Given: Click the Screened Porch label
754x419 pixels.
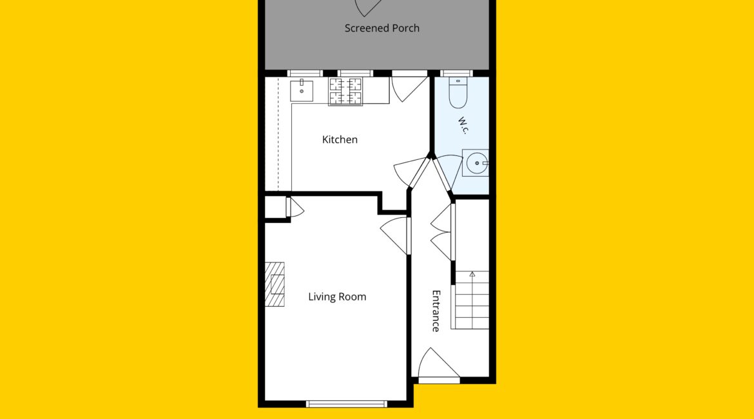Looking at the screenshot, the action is pos(382,28).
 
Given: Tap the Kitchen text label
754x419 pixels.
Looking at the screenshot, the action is pos(340,139).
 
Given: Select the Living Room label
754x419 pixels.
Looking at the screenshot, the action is pos(337,297).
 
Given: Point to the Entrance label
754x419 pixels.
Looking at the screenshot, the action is pos(436,311).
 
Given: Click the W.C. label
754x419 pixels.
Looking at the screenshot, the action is pos(463,125).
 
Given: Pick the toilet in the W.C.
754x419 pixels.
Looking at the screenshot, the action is pos(458,93).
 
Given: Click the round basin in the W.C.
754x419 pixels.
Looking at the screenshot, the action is pos(476,163).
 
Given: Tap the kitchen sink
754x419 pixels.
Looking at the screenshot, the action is pos(302,90).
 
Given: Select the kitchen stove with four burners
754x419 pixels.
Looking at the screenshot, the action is pos(345,92).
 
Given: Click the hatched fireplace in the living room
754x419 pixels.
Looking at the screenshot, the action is pos(275,284).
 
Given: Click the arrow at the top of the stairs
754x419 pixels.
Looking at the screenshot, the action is pos(472,274).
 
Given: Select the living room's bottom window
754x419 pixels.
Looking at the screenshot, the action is pos(346,404).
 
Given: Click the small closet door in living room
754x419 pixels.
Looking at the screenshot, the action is pos(295,208).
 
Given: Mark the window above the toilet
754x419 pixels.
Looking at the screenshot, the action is pos(456,73).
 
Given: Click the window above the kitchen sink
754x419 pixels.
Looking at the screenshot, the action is pos(305,73).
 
